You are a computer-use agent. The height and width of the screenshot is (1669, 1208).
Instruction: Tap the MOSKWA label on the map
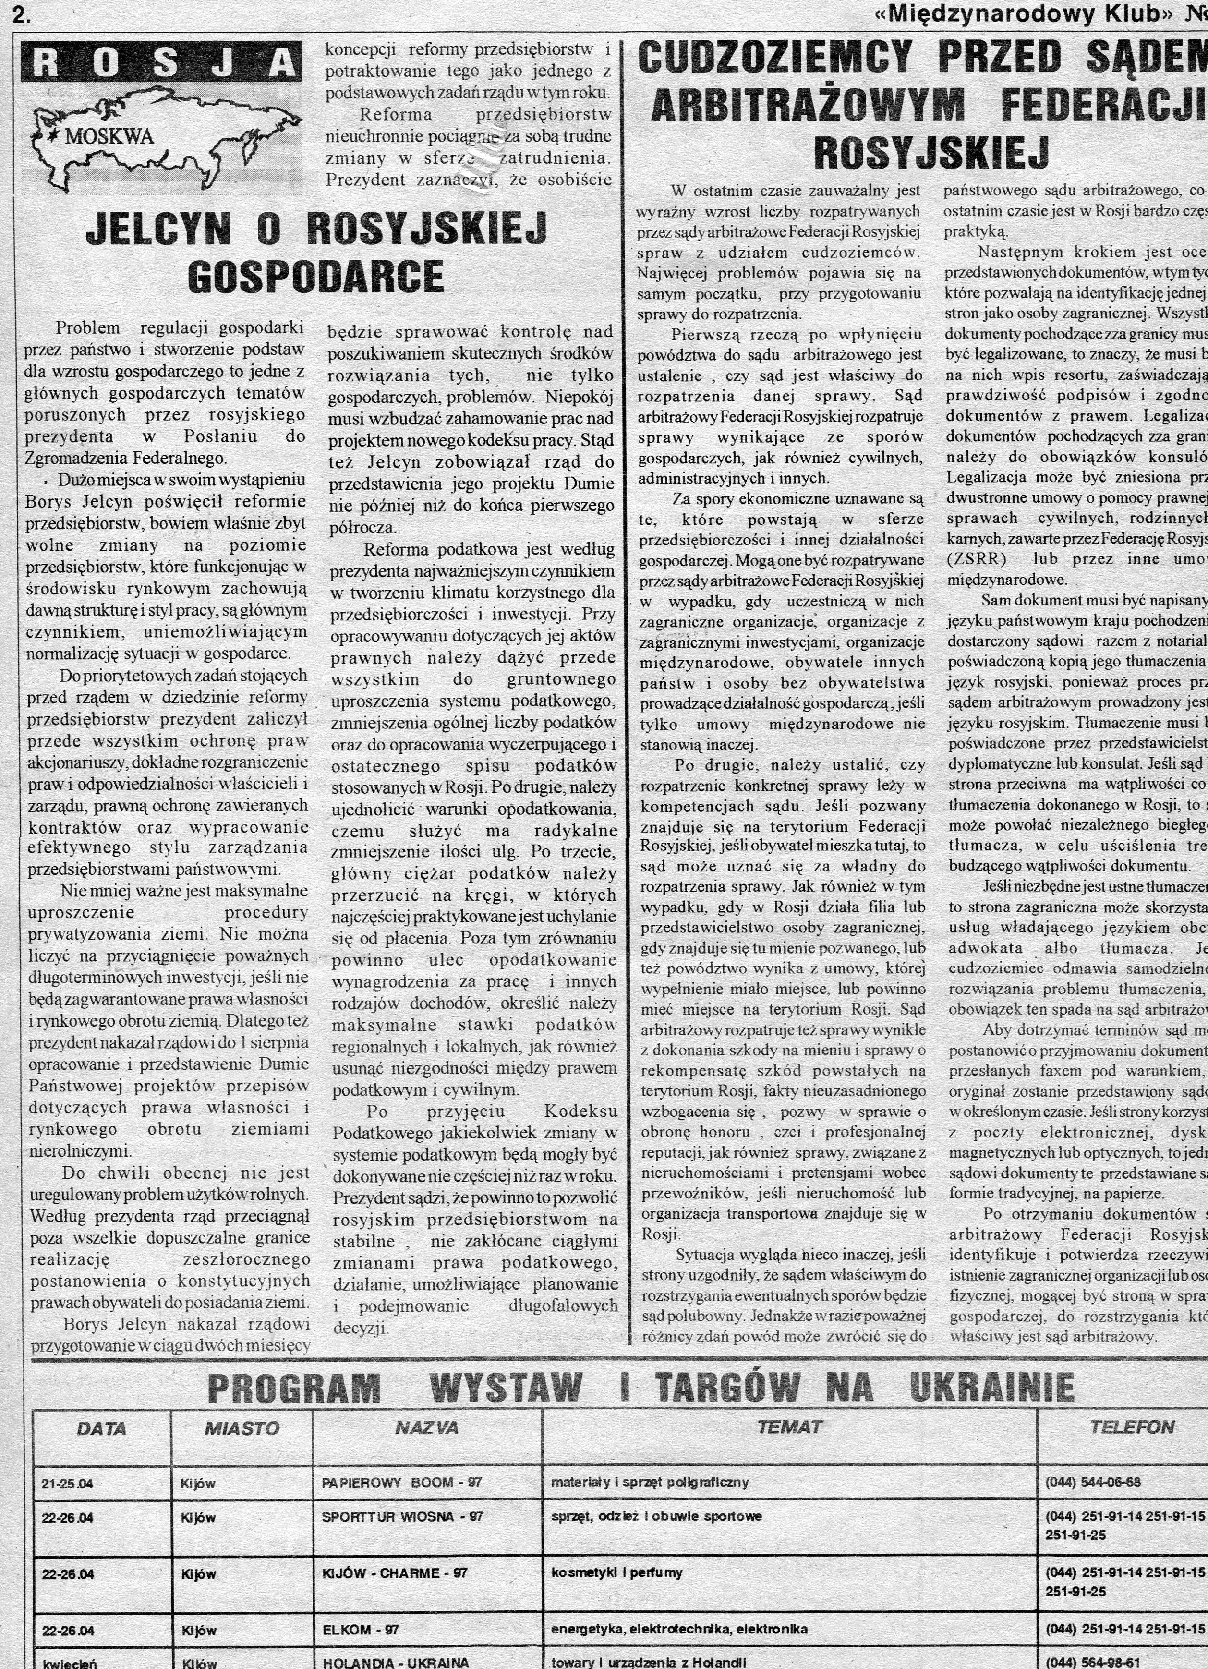(x=109, y=136)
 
